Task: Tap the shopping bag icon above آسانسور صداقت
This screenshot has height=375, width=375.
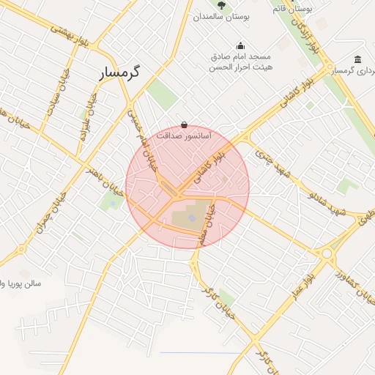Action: pyautogui.click(x=183, y=125)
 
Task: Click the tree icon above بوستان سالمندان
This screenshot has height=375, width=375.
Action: pyautogui.click(x=220, y=6)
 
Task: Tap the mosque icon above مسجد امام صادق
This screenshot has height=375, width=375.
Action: pyautogui.click(x=241, y=45)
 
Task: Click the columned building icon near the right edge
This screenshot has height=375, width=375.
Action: pyautogui.click(x=357, y=59)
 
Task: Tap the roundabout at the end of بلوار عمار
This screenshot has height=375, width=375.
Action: pyautogui.click(x=327, y=253)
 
